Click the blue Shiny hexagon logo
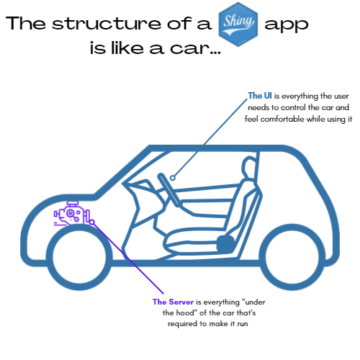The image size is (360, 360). coord(238,24)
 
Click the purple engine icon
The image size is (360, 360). coord(72,214)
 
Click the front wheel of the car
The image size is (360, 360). coord(79,257)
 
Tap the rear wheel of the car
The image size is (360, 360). coord(292,257)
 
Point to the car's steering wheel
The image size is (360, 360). coord(168,189)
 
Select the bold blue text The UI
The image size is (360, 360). coord(260,96)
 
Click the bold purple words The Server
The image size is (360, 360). coord(173,302)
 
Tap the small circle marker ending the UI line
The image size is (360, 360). coord(173,178)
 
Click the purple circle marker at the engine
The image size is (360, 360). coord(92,222)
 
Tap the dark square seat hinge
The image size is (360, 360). coord(225,243)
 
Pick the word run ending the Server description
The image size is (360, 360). coord(243,324)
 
